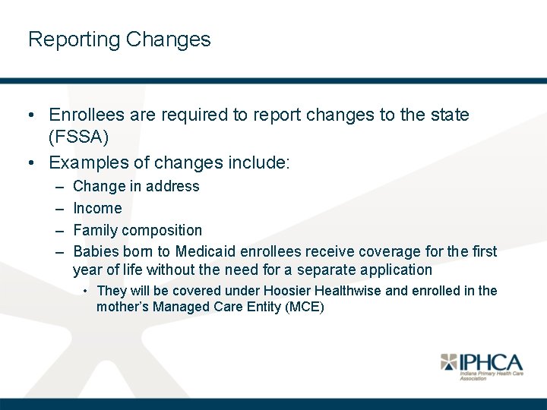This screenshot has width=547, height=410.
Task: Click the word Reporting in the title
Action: [x=74, y=40]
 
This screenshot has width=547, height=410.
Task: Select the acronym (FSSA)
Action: [x=79, y=138]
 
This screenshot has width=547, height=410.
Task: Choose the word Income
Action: [x=97, y=208]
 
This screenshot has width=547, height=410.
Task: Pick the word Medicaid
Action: [x=206, y=251]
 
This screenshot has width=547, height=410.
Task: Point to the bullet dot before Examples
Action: [x=30, y=162]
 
